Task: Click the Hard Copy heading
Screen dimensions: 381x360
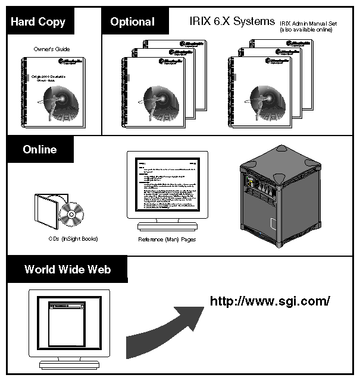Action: [x=38, y=23]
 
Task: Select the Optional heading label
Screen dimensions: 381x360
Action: [x=132, y=23]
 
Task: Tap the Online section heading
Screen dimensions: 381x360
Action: [x=40, y=150]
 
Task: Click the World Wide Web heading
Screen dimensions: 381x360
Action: [x=67, y=269]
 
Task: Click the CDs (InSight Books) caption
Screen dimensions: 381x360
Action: [x=73, y=239]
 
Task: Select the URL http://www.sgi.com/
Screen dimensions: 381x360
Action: [x=270, y=301]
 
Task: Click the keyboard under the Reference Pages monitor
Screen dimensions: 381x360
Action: [x=167, y=226]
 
